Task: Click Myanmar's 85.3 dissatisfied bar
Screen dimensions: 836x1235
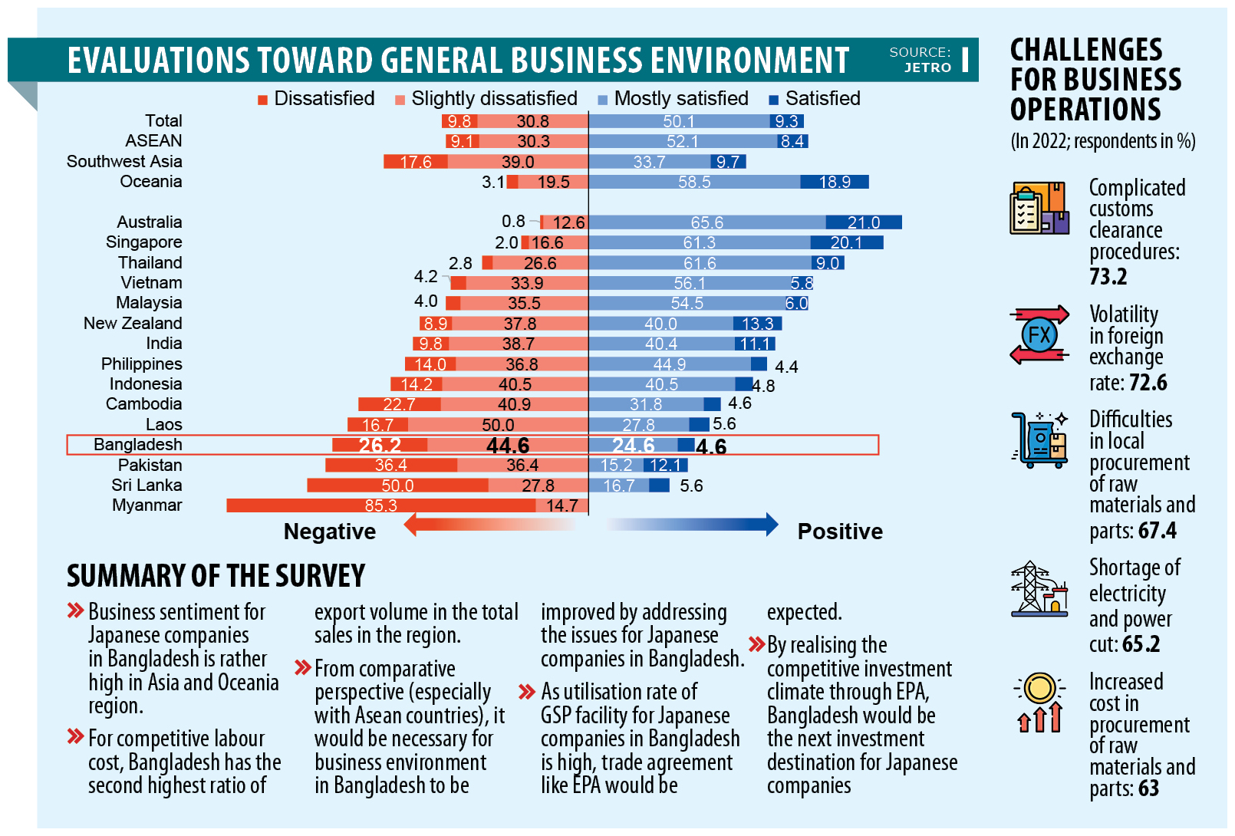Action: (x=380, y=505)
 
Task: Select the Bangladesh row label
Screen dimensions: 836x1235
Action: (x=138, y=445)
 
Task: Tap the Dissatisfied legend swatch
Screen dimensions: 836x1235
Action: (x=262, y=100)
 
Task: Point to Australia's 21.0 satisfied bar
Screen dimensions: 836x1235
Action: (x=864, y=222)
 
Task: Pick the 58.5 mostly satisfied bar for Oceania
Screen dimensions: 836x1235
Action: (x=694, y=182)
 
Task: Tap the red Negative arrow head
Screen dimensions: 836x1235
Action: (x=411, y=525)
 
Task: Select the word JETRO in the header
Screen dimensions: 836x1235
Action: (x=927, y=67)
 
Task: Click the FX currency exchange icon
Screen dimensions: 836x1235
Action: (x=1039, y=335)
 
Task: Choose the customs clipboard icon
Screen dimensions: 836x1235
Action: (x=1038, y=208)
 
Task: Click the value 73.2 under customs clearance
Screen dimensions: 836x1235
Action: (x=1108, y=276)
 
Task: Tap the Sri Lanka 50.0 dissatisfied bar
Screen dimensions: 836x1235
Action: (x=397, y=485)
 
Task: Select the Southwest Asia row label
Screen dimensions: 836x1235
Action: (x=124, y=162)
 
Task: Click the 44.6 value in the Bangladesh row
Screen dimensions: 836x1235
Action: (x=508, y=446)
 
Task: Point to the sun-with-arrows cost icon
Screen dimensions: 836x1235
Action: (x=1039, y=702)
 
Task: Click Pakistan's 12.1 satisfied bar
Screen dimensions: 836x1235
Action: (x=665, y=466)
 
